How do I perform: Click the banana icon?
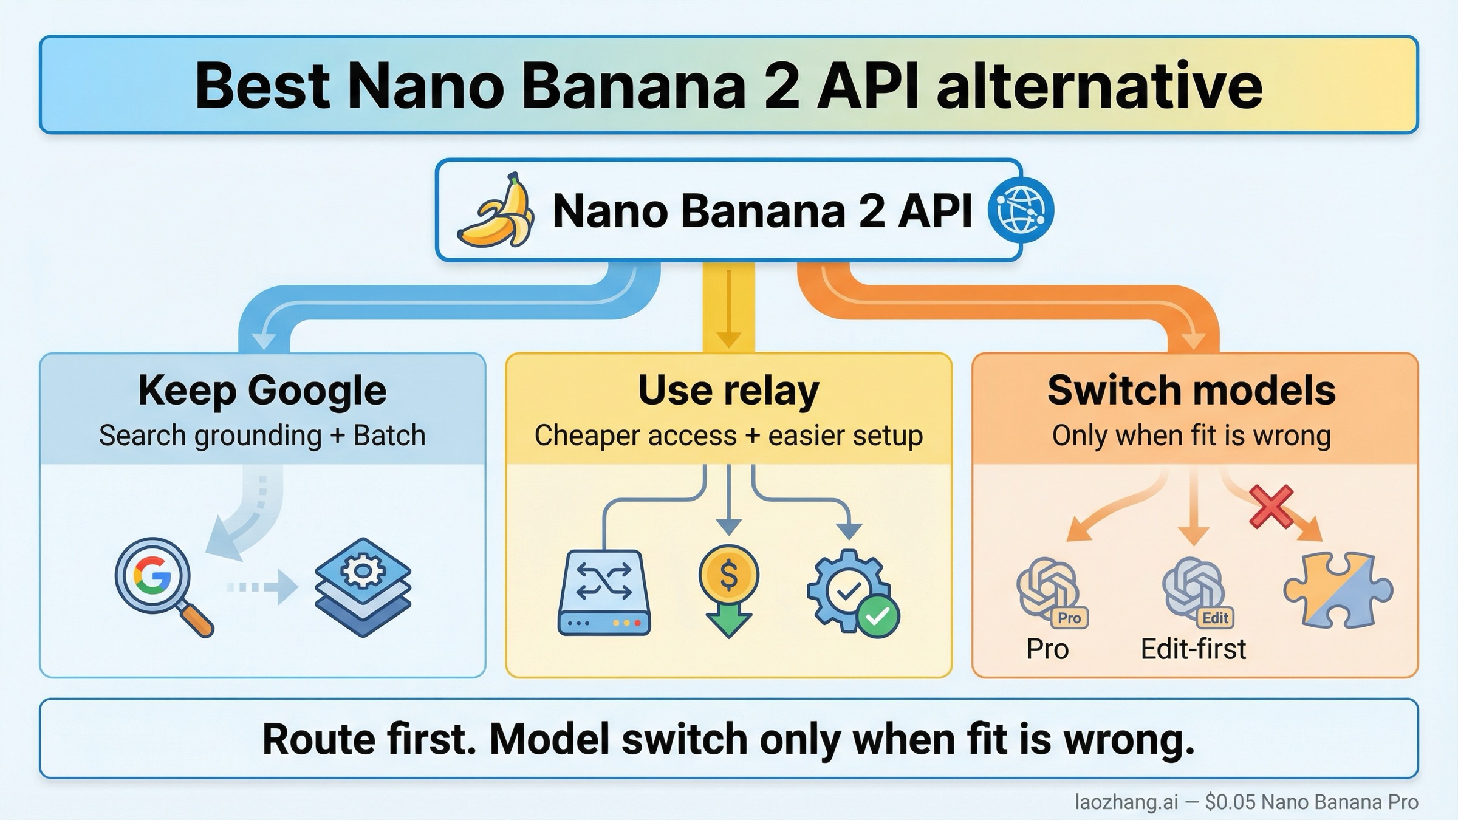coord(496,210)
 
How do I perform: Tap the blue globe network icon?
coord(1021,210)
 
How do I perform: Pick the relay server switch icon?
coord(604,592)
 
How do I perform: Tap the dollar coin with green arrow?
coord(728,589)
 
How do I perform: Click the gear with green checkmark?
coord(852,592)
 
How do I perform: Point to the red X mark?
coord(1271,506)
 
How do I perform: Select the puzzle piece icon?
coord(1338,589)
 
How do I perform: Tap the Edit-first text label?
coord(1193,649)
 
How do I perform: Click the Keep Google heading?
coord(262,390)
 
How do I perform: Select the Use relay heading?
coord(728,390)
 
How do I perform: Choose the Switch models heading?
coord(1191,390)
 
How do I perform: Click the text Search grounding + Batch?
coord(262,436)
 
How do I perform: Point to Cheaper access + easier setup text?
coord(728,436)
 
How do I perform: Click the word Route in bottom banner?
coord(310,739)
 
